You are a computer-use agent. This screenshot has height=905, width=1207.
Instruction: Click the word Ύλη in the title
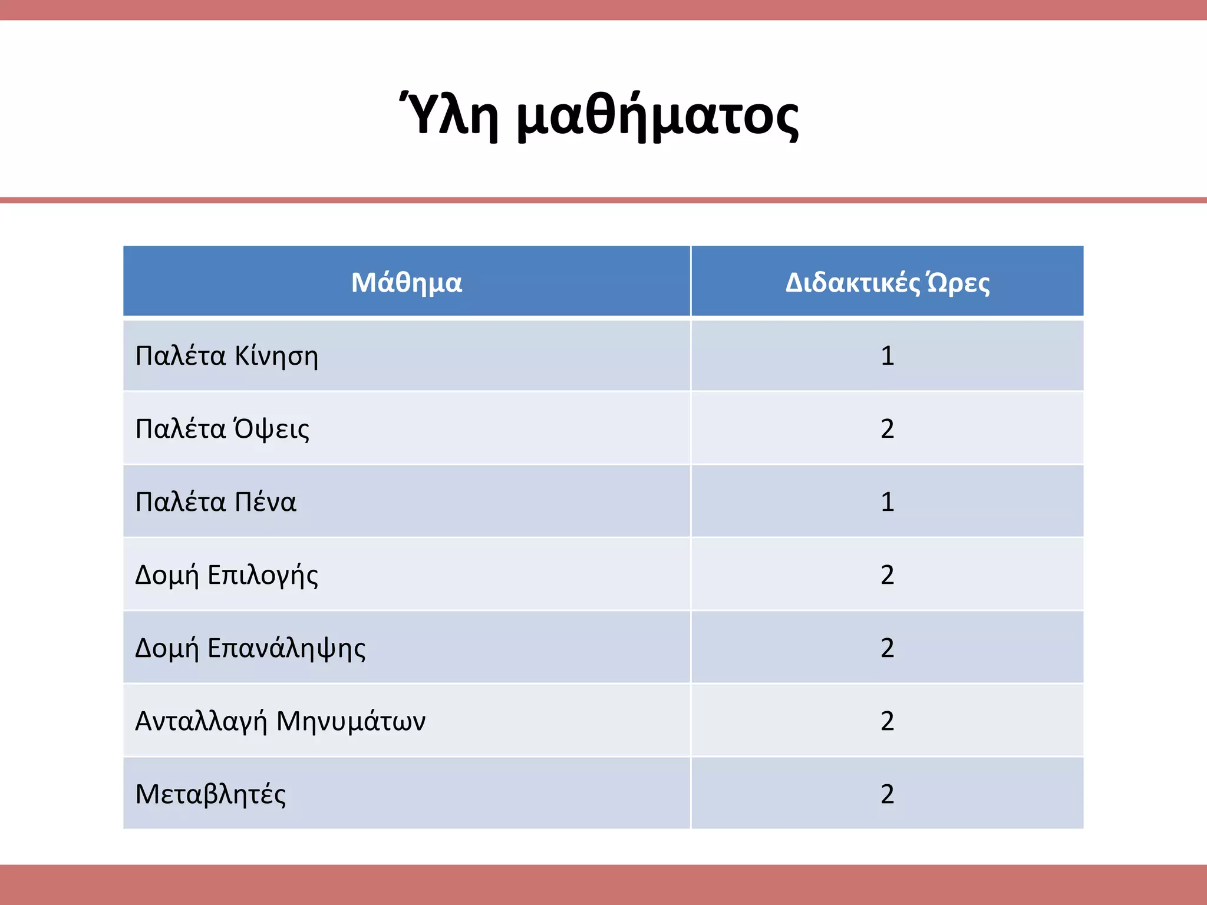448,115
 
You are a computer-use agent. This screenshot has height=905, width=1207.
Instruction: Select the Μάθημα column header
407,282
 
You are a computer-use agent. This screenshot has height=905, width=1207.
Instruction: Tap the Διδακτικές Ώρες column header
887,283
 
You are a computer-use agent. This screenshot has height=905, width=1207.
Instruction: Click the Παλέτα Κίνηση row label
227,356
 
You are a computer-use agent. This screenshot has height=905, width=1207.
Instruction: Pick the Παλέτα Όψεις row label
222,429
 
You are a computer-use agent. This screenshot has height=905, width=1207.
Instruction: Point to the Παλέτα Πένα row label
216,502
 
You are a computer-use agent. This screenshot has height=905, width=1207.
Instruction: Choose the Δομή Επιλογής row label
227,575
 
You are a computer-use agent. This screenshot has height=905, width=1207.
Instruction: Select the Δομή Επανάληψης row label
250,648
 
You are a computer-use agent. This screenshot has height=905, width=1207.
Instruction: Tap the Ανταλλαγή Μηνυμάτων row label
281,721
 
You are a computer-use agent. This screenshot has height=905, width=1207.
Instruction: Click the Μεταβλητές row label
210,794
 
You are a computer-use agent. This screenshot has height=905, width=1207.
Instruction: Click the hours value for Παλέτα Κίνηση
888,356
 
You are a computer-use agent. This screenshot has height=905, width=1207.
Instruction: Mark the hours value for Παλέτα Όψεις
888,429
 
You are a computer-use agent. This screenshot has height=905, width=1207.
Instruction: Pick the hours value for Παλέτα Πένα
888,502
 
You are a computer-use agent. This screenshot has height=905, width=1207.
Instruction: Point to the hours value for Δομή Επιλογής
888,575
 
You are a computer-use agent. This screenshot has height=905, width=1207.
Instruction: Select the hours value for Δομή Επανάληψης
888,648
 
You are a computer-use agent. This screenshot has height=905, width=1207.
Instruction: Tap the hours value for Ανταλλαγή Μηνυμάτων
888,721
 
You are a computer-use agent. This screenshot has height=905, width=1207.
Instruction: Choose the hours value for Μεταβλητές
888,794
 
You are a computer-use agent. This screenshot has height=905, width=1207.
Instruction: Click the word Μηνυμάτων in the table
351,721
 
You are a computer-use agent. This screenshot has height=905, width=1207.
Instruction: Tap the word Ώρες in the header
958,283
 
